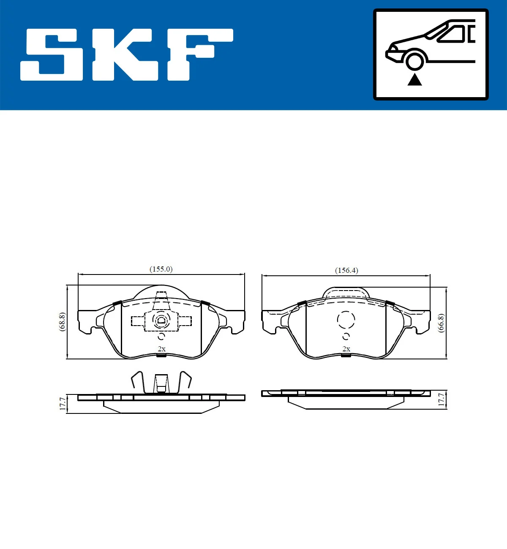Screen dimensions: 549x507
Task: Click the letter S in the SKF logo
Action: pos(52,54)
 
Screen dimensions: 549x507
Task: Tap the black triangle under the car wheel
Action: pos(414,79)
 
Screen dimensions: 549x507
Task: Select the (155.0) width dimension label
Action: pos(161,269)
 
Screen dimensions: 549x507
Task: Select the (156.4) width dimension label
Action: pos(346,270)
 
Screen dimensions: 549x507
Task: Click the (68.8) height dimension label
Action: pos(62,322)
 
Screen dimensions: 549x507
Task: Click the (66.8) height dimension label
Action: pos(441,323)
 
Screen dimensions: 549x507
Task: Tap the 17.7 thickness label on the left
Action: pos(63,404)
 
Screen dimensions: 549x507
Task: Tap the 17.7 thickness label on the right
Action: pos(441,400)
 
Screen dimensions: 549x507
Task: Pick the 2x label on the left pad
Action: pos(161,349)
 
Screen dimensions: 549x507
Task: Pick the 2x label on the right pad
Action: pos(346,349)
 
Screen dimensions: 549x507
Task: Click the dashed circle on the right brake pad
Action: pos(346,319)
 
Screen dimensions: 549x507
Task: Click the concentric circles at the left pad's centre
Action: pos(161,321)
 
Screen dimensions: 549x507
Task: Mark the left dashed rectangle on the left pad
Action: pos(138,321)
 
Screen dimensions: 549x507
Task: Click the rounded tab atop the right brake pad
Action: pos(346,293)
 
